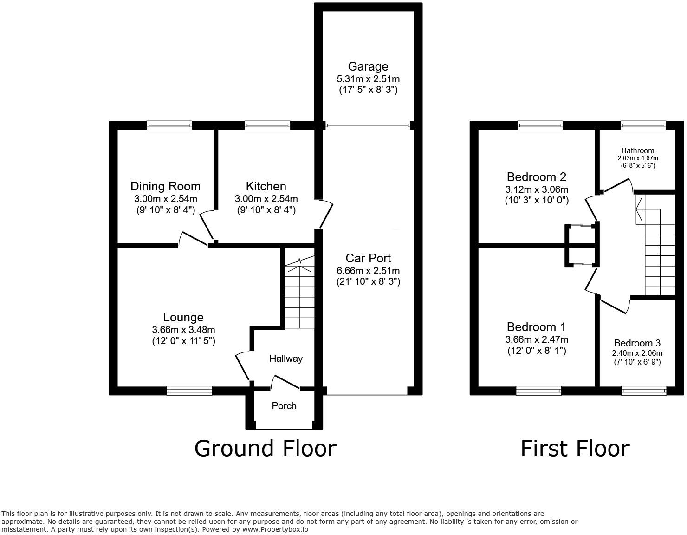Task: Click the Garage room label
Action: pos(368,66)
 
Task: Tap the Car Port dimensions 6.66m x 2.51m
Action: pos(368,270)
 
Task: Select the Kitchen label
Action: pos(266,186)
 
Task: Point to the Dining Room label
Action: pos(165,186)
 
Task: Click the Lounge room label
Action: pos(183,317)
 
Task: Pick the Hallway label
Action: pos(286,359)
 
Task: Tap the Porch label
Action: pos(284,406)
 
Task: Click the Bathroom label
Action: pos(638,150)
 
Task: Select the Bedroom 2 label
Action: pos(537,177)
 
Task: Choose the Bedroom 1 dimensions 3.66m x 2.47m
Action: pos(537,339)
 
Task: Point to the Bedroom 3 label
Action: pos(637,343)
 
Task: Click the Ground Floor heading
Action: pos(265,449)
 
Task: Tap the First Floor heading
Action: pos(575,449)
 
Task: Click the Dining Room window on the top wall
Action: pos(169,125)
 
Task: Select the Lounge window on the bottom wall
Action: pos(189,391)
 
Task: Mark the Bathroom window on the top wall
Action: pos(643,125)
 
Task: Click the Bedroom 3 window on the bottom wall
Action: pos(643,391)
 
